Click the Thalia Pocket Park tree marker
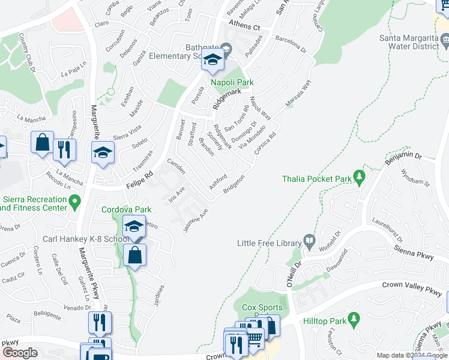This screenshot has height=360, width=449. tap(360, 176)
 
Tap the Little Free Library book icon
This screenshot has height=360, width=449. tap(309, 241)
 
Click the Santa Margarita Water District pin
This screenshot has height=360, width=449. tap(445, 41)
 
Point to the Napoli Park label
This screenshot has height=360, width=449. tap(232, 82)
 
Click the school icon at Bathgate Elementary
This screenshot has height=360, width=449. tap(212, 59)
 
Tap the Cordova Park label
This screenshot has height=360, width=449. tap(125, 209)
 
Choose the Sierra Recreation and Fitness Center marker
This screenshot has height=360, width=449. tap(74, 202)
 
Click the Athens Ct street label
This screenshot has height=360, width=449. tap(244, 27)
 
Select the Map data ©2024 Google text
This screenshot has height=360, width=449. tap(412, 355)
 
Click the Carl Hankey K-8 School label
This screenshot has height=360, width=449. tap(82, 239)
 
